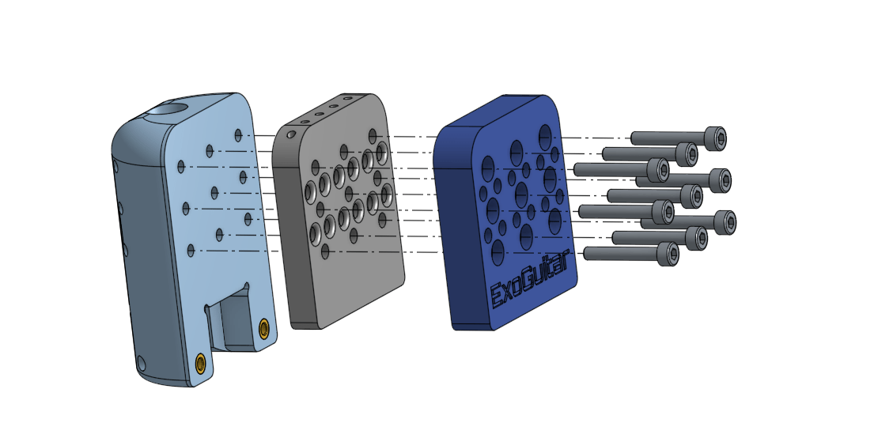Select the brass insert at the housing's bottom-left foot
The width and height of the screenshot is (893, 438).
(200, 364)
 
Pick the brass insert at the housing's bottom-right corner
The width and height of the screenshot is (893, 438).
(263, 329)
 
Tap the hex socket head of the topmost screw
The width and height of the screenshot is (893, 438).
(715, 138)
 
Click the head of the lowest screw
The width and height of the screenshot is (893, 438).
(668, 254)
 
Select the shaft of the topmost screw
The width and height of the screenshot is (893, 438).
(668, 138)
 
